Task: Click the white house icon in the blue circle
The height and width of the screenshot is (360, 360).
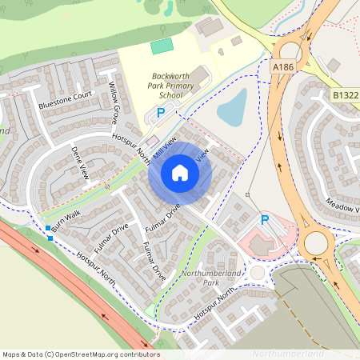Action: click(180, 171)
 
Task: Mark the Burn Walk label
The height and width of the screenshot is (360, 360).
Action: click(65, 222)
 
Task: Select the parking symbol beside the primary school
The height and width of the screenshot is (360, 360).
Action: click(160, 114)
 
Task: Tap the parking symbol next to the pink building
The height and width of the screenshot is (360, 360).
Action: click(265, 219)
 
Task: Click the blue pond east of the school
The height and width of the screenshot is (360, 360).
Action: click(232, 108)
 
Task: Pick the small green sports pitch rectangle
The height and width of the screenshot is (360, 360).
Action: click(162, 46)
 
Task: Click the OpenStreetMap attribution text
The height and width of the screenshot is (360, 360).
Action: click(80, 354)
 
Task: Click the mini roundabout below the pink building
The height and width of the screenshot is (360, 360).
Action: click(257, 272)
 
